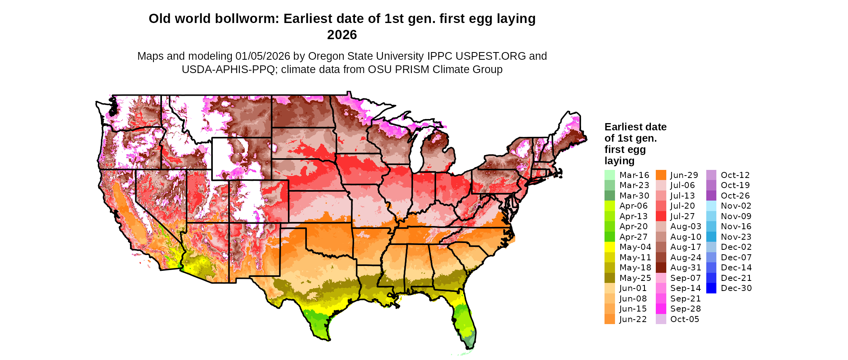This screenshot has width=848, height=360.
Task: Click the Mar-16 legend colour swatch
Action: pos(609,175)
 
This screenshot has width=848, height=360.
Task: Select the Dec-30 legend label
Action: pos(736,288)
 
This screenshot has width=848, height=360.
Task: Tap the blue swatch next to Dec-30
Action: pos(711,288)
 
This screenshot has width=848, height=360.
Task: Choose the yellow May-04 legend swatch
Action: pos(609,247)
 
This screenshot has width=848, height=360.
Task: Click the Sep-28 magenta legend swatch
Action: pos(661,309)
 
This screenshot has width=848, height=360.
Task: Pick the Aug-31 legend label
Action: pos(686,268)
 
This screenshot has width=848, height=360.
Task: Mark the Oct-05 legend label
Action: pos(684,319)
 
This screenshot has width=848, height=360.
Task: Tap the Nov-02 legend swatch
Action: pos(711,206)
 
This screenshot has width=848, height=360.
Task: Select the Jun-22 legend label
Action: pos(633,319)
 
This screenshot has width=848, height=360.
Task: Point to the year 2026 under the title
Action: pos(342,35)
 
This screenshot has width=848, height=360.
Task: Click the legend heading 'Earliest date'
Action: pos(635,127)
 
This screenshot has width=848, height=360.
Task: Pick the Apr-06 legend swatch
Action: pos(609,206)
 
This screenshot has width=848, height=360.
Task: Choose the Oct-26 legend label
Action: pos(735,196)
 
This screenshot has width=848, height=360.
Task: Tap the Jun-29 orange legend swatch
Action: pos(661,175)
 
